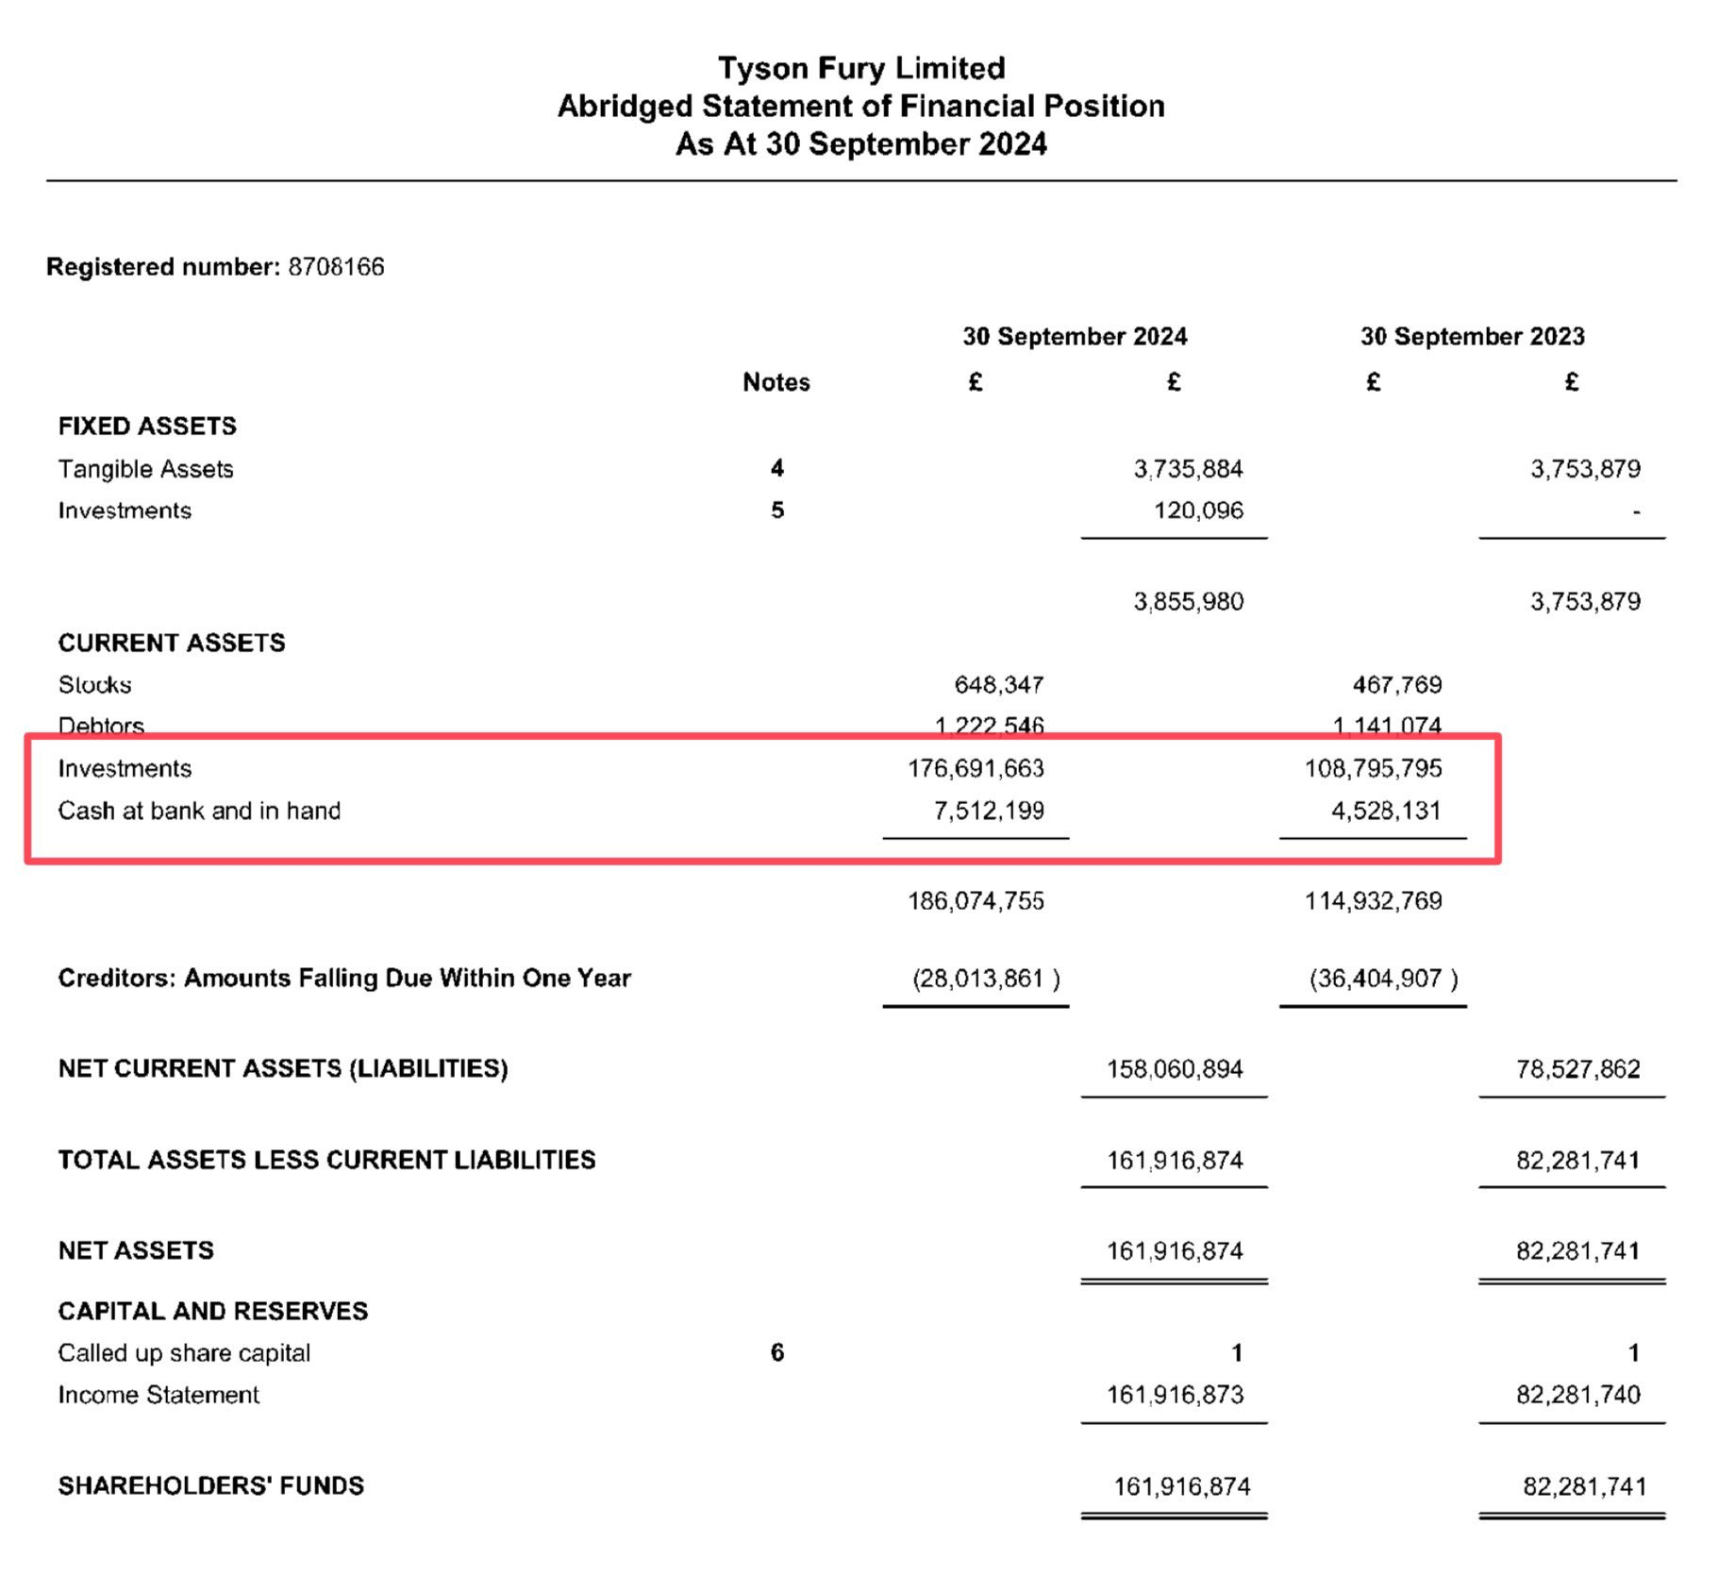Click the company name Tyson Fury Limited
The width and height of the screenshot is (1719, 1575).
tap(860, 68)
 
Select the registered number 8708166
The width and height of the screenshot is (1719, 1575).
tap(336, 267)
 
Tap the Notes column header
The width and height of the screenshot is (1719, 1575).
tap(776, 382)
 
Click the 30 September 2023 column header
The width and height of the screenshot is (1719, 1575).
tap(1471, 337)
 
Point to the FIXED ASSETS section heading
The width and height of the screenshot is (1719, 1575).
tap(147, 427)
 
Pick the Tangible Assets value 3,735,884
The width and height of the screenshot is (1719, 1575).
tap(1188, 469)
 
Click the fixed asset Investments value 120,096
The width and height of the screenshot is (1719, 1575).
tap(1197, 511)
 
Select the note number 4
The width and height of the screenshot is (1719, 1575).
tap(776, 468)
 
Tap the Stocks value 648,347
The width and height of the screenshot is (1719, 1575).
tap(998, 684)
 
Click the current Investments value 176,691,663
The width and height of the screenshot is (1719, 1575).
tap(976, 768)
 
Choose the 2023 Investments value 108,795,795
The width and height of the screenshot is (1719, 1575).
tap(1373, 768)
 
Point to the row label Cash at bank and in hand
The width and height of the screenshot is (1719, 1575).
tap(199, 811)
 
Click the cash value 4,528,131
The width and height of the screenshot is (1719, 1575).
tap(1385, 811)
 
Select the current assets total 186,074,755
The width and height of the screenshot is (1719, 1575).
tap(976, 901)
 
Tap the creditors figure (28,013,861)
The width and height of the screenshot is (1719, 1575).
tap(985, 979)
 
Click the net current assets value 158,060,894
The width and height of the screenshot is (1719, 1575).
tap(1175, 1069)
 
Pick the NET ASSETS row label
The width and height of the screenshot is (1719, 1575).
tap(136, 1251)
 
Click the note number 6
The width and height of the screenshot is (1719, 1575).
tap(776, 1352)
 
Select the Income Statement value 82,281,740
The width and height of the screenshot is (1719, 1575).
tap(1577, 1395)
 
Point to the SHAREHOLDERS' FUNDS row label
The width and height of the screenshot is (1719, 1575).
tap(210, 1486)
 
